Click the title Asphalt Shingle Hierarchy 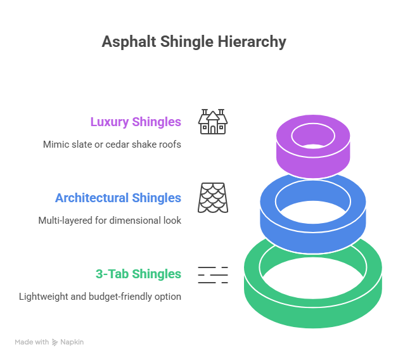point(194,42)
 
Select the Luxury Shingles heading point(136,122)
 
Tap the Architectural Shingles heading point(118,198)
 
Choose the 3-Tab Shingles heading point(138,274)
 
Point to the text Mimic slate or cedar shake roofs point(112,144)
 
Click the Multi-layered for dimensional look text point(110,220)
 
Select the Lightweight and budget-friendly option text point(100,296)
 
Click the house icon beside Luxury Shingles point(213,121)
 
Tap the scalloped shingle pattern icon point(213,197)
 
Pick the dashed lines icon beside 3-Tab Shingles point(213,274)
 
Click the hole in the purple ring point(312,133)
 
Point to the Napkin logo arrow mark point(55,342)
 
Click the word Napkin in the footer point(72,342)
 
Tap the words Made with point(32,342)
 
